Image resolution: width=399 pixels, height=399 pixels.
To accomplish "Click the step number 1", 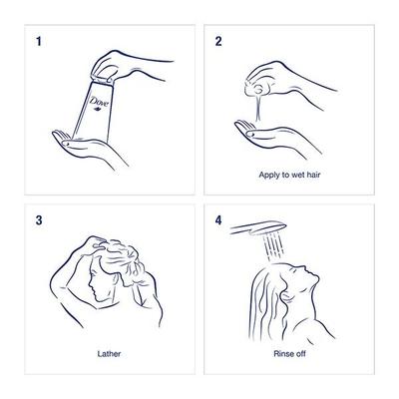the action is [x=39, y=41].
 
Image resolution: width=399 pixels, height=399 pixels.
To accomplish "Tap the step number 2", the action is [x=218, y=41].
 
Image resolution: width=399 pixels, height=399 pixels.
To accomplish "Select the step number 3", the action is [x=39, y=220].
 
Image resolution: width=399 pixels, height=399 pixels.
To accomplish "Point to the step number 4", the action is [x=218, y=220].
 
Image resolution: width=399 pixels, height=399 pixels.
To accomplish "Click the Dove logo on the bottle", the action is [x=99, y=102].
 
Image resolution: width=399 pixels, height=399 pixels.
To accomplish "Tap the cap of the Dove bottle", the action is [x=104, y=79].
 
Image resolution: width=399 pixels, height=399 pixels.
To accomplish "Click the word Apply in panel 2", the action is [x=269, y=175].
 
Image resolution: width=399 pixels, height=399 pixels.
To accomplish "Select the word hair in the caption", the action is [x=313, y=175].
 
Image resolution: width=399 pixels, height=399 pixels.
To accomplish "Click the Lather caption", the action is [x=109, y=353].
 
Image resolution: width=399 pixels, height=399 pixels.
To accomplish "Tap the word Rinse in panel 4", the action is [x=283, y=353].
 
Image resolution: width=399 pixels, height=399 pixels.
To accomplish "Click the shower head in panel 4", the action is [x=258, y=228].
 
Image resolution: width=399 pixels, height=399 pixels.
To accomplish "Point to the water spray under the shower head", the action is [x=273, y=248].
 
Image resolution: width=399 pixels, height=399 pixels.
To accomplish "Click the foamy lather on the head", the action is [x=121, y=256].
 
